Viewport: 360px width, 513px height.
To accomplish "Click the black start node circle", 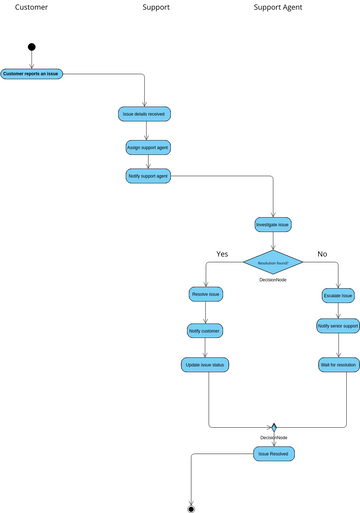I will click(32, 46).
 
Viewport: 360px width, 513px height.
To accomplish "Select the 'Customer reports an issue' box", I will click(32, 73).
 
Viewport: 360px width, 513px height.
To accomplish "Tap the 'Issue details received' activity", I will click(144, 114).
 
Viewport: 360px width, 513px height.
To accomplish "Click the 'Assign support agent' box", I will click(147, 146).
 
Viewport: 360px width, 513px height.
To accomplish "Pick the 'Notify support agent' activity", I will click(148, 176).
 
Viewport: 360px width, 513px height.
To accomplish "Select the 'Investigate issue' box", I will click(273, 224).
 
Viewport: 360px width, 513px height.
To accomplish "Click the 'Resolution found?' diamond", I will click(273, 262).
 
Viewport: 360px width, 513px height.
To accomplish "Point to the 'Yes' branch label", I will click(222, 253).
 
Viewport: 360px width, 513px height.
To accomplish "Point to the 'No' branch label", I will click(322, 253).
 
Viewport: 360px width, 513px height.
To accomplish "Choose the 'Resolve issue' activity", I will click(205, 294).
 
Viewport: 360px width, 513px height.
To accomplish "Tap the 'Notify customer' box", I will click(205, 330).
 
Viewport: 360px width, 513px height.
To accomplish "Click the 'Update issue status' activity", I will click(205, 365).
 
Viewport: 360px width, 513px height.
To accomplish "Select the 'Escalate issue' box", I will click(338, 296).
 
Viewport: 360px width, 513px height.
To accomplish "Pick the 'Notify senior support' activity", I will click(338, 326).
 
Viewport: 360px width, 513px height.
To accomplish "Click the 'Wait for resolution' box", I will click(338, 365).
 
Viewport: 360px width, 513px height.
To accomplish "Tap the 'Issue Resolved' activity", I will click(273, 453).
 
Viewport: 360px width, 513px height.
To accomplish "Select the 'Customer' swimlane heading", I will click(31, 7).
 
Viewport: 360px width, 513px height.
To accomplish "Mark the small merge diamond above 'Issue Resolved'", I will click(273, 427).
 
